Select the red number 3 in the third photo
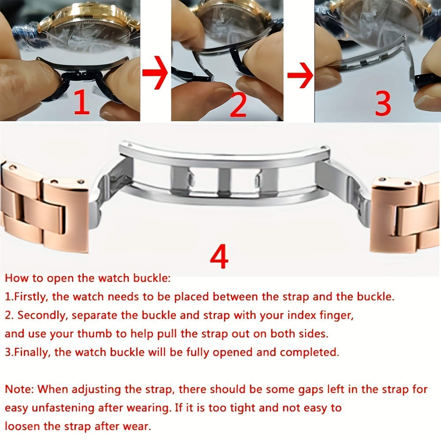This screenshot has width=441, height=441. (x=383, y=103)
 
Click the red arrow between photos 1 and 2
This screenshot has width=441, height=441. (x=155, y=73)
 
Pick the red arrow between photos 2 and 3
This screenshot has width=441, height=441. (x=300, y=75)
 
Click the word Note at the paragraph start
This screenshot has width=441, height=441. (x=19, y=389)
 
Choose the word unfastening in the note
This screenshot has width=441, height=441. (x=63, y=408)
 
